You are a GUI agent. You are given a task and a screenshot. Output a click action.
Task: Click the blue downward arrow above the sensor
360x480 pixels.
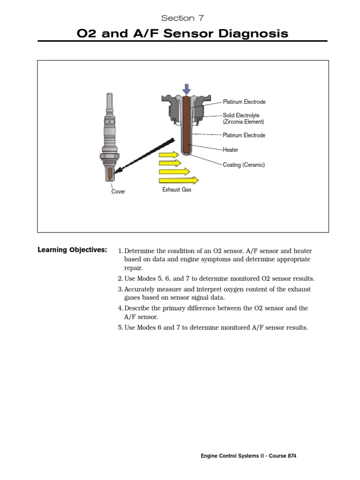click(187, 89)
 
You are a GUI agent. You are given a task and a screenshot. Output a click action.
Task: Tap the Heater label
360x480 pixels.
click(230, 150)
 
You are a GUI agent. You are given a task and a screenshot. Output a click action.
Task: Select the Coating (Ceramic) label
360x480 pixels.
click(244, 165)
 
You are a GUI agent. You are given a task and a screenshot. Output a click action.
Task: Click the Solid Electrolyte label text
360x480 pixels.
click(241, 115)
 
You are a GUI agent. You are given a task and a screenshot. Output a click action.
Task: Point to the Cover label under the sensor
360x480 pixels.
click(118, 192)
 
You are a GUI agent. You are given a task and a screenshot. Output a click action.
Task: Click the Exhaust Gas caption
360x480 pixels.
click(177, 190)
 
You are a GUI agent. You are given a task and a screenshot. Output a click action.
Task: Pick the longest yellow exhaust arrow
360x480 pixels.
click(179, 180)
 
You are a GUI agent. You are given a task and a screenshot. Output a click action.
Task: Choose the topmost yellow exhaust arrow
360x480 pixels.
click(169, 155)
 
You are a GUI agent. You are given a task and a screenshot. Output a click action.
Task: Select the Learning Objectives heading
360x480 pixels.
click(72, 250)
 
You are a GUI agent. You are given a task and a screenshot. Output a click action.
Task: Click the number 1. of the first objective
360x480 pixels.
click(120, 251)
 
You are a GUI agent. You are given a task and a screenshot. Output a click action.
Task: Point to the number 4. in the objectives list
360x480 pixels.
click(120, 308)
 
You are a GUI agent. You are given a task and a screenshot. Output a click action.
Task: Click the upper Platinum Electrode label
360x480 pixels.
click(244, 102)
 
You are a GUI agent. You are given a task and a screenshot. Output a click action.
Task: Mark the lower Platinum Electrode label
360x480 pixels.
click(244, 135)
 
